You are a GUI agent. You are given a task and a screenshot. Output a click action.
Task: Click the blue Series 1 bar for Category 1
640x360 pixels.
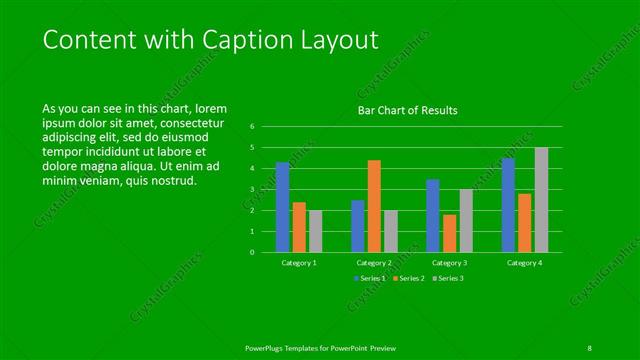point(283,207)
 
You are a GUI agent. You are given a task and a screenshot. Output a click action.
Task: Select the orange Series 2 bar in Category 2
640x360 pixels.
point(374,206)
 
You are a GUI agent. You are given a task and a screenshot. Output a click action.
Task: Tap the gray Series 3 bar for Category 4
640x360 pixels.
point(541,200)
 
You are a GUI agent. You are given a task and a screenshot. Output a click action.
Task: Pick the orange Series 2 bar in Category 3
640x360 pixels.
point(450,233)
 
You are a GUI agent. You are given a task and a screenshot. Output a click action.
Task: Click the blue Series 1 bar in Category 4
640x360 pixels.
point(508,205)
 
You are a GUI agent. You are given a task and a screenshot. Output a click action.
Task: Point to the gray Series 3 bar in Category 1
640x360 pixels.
point(316,231)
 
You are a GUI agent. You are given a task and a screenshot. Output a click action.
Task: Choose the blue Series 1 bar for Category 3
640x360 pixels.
point(433,215)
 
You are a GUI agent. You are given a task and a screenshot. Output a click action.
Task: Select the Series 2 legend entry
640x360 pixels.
point(410,277)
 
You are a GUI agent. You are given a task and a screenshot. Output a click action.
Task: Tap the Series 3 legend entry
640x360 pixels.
point(448,277)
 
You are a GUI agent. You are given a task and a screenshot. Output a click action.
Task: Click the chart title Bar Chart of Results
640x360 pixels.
point(408,110)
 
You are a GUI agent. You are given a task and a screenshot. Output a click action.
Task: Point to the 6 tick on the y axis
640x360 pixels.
point(253,127)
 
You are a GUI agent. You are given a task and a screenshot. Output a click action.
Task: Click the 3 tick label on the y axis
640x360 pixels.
point(253,190)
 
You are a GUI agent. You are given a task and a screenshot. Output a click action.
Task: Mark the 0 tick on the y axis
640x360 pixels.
point(253,252)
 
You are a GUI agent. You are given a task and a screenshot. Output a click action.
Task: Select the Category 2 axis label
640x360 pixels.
point(374,262)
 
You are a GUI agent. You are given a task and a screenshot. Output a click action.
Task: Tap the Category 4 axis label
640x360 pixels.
point(524,262)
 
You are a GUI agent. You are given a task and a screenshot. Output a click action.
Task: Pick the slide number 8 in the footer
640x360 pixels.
point(589,347)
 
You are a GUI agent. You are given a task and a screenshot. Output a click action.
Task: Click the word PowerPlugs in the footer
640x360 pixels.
point(266,347)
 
